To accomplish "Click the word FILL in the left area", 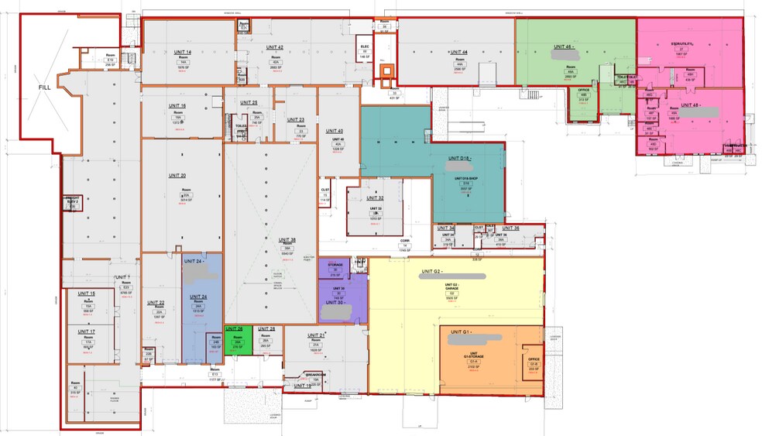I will [x=45, y=88].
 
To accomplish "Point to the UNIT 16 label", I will [x=177, y=105].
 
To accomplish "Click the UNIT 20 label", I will [x=177, y=176].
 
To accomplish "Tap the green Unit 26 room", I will [x=239, y=341].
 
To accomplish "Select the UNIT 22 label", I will [x=156, y=303].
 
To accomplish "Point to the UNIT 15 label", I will [x=87, y=294].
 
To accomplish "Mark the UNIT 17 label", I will [x=87, y=331].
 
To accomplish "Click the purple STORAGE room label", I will [x=335, y=265].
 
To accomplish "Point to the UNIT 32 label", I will [x=376, y=198].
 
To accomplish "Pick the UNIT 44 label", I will [x=458, y=52].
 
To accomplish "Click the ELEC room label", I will [x=365, y=46].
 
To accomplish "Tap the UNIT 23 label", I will [x=296, y=120].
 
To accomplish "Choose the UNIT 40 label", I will [x=335, y=131].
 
